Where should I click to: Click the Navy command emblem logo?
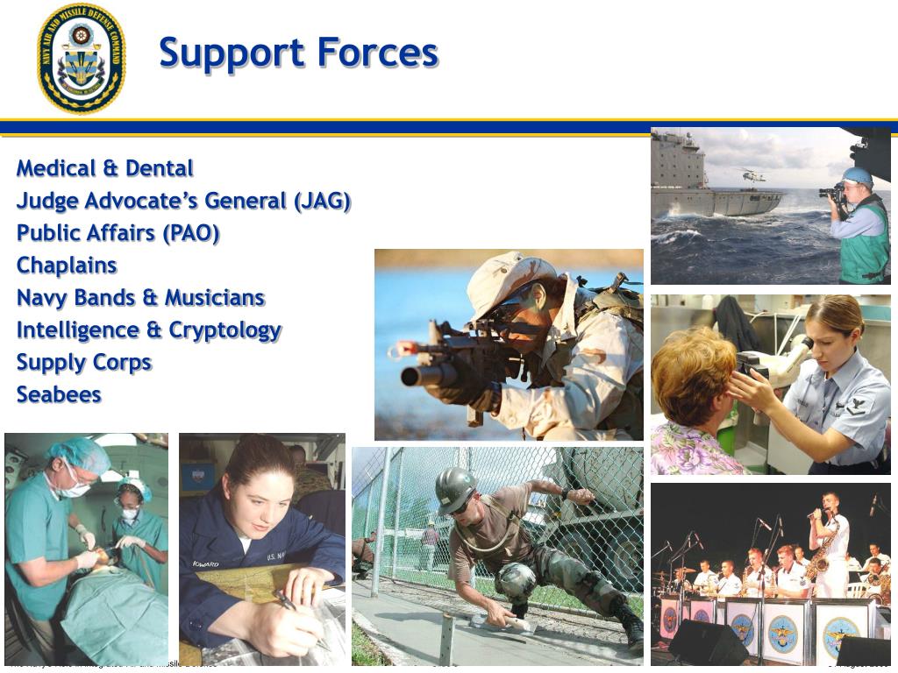pos(81,58)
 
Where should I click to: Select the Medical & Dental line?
pos(104,168)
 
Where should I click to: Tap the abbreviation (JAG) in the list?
pos(323,201)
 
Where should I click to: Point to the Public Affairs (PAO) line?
pos(118,233)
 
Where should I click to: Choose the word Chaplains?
pos(67,266)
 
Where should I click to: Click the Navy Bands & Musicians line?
pos(140,298)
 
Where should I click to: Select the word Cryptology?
pos(225,330)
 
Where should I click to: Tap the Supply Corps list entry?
pos(84,363)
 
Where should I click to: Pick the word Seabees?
pos(59,395)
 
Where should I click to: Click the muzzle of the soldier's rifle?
pos(409,377)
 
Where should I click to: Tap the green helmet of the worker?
pos(455,483)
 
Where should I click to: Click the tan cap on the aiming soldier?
pos(504,278)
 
